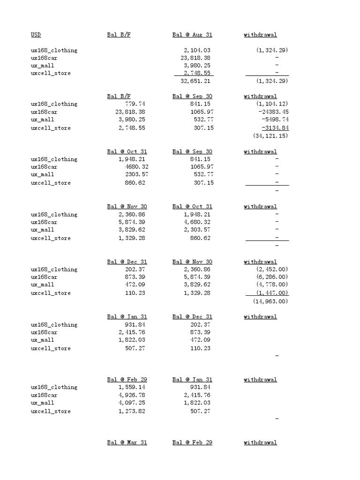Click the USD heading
pos(36,35)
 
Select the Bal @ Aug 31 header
pos(192,35)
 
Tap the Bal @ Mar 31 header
pos(127,442)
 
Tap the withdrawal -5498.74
pos(275,120)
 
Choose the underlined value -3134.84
pos(275,127)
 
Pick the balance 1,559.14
pos(132,387)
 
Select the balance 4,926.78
pos(132,395)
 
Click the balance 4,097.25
pos(132,403)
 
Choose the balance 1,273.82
pos(132,411)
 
